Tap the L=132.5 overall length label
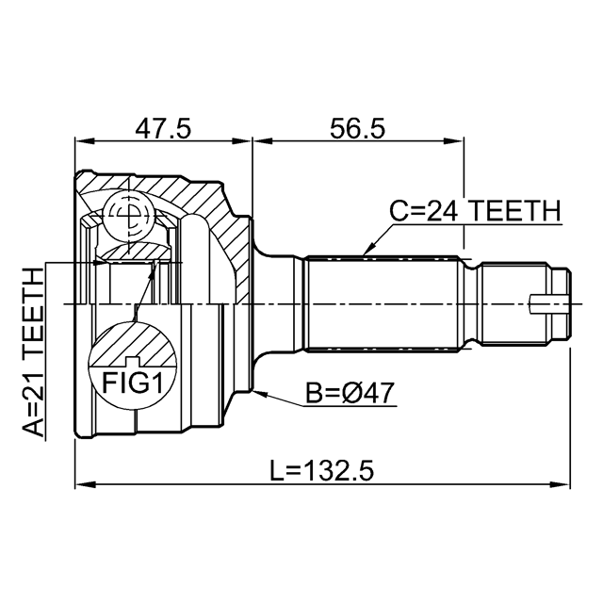(321, 471)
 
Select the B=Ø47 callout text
(350, 393)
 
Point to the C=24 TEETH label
(475, 211)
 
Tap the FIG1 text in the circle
(133, 383)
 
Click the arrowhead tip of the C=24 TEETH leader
(364, 255)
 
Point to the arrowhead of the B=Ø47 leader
(253, 392)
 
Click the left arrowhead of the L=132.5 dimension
(75, 484)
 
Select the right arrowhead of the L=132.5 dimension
(570, 484)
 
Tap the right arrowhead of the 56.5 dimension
(464, 140)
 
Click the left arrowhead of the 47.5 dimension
(75, 140)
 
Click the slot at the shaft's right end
(549, 304)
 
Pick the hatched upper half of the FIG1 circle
(133, 343)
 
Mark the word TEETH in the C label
(515, 211)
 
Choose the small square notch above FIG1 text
(133, 361)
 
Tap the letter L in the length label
(275, 471)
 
